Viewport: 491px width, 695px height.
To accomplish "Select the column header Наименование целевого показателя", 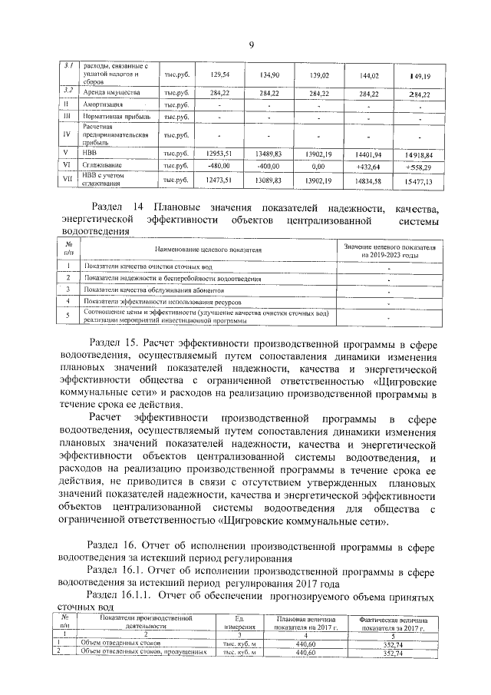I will tap(208, 250).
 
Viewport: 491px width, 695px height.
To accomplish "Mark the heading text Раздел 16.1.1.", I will tap(122, 594).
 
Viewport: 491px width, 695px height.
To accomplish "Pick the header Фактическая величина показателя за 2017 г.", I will tap(393, 622).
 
